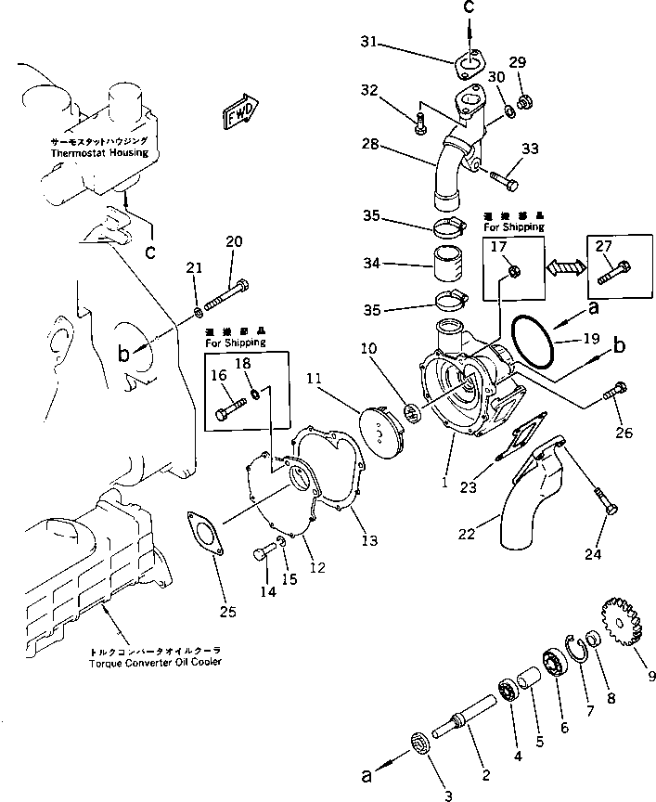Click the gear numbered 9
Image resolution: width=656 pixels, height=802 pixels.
click(614, 617)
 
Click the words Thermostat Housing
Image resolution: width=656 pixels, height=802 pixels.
click(100, 153)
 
